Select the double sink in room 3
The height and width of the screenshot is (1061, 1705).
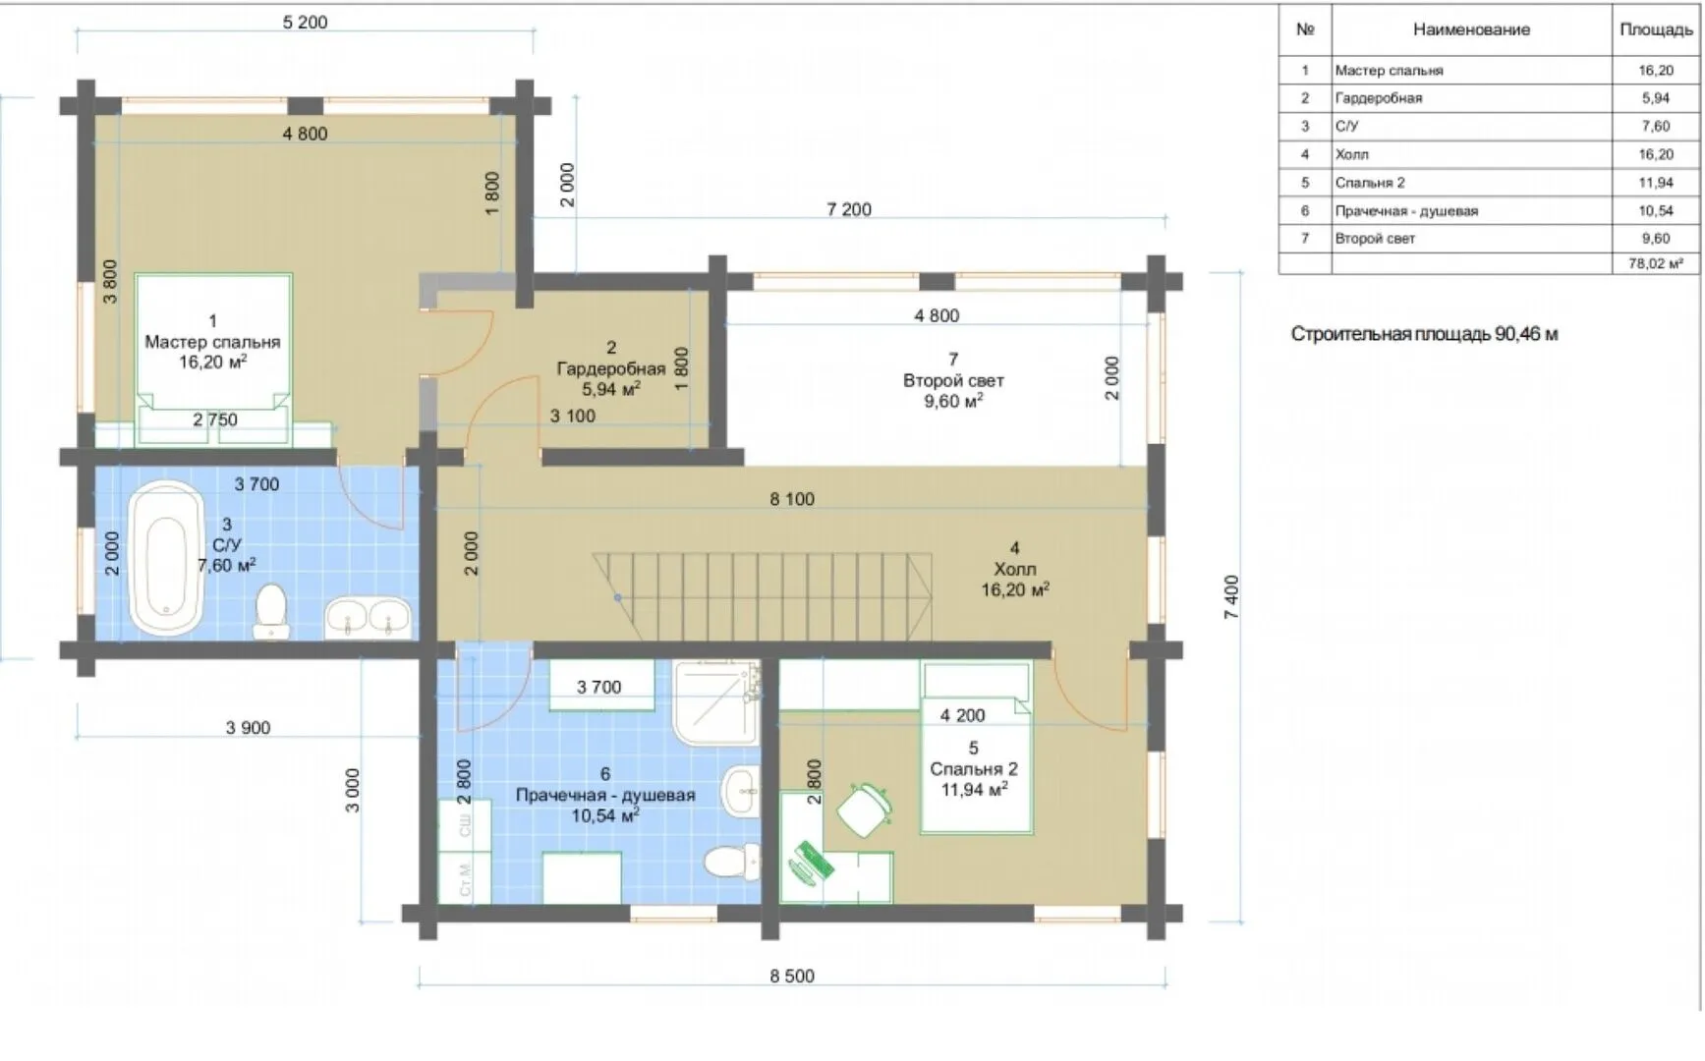[368, 616]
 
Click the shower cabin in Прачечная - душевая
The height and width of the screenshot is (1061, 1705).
[717, 701]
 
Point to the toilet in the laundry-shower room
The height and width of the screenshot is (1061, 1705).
[733, 861]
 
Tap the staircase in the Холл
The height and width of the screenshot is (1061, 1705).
[762, 595]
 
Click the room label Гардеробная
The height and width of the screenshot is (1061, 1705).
[611, 368]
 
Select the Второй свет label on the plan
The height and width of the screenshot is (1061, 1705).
[953, 380]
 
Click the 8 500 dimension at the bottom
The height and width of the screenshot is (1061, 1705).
[792, 976]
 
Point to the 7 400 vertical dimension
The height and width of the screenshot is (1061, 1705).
[1231, 597]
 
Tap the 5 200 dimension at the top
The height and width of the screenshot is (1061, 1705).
[305, 22]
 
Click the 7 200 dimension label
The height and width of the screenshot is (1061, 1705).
[849, 209]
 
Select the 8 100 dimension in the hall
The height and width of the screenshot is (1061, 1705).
[792, 499]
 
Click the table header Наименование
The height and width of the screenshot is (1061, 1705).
[1471, 29]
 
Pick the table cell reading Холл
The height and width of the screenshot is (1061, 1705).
[1351, 154]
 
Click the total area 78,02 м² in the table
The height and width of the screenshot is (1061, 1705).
[1656, 263]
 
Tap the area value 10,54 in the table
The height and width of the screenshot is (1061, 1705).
[1656, 210]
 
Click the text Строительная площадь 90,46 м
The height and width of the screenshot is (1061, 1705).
[1424, 334]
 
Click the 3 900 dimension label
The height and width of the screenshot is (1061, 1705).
[248, 728]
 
